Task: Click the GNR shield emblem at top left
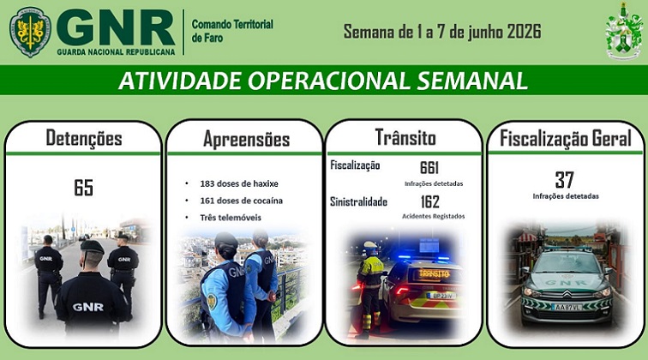point(30,32)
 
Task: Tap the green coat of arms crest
point(624,31)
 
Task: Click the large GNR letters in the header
point(116,27)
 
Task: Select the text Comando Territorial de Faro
point(232,31)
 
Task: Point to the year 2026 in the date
point(524,32)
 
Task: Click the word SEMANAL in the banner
point(472,81)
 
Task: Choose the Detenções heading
point(84,138)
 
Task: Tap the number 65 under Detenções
point(83,187)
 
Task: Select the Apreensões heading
point(246,140)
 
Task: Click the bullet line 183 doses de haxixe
point(239,183)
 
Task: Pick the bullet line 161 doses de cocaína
point(242,201)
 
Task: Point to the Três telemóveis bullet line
point(231,218)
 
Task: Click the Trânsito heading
point(405,137)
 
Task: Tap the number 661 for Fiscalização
point(429,167)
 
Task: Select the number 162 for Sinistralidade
point(429,201)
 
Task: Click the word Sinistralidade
point(358,201)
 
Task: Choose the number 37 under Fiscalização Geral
point(565,180)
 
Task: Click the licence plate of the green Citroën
point(567,307)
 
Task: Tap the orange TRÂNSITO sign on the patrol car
point(434,273)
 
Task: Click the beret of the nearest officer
point(93,247)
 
